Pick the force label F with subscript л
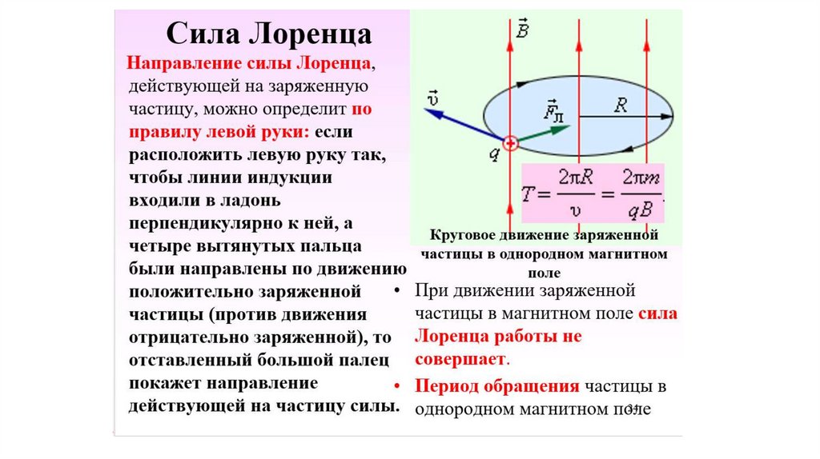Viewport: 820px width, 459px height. [553, 110]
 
